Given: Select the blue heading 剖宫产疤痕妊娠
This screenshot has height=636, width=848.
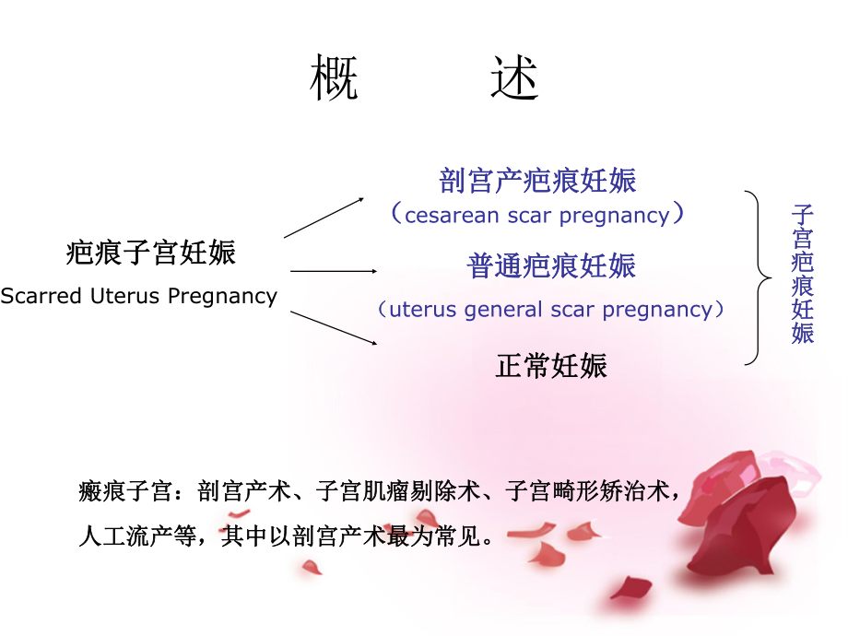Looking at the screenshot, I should [x=538, y=180].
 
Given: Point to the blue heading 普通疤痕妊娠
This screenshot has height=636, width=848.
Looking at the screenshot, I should [x=551, y=266].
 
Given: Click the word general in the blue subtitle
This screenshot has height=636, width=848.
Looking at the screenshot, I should [x=505, y=310].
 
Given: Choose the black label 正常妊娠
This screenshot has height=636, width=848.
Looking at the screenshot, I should [x=551, y=366].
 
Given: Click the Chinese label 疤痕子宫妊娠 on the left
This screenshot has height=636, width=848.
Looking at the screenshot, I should [x=151, y=253].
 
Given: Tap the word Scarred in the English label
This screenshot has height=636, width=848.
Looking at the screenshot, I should [x=41, y=297].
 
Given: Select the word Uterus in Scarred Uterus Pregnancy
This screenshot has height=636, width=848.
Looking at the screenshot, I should [x=127, y=297].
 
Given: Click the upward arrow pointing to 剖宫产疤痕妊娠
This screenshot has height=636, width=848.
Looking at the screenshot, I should [x=324, y=218].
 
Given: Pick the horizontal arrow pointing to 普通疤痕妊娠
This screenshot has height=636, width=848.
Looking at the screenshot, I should [x=334, y=271].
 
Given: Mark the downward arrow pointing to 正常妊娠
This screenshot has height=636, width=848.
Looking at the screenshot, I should [x=334, y=328].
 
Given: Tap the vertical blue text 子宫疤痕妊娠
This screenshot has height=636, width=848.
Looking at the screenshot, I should [x=802, y=275].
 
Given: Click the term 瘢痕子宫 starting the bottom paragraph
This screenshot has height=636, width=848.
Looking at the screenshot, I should [x=124, y=491].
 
